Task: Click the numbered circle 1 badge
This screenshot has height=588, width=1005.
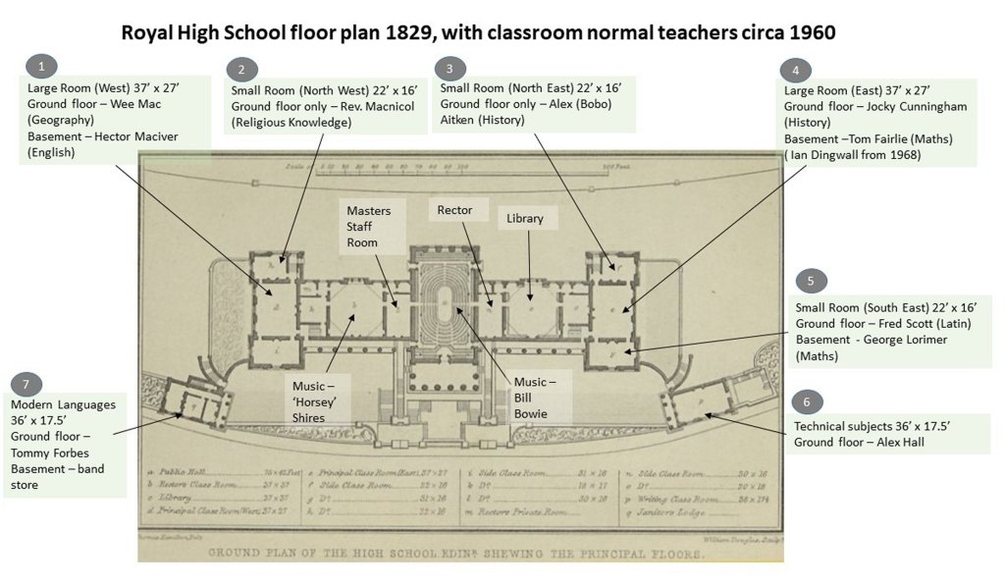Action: pos(40,66)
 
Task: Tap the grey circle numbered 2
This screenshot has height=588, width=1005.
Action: pos(241,70)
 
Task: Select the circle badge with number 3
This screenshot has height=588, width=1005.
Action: pos(449,68)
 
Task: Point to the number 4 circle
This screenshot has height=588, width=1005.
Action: pos(795,71)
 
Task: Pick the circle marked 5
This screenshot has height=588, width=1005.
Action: pos(811,282)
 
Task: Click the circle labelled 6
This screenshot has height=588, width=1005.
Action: pos(807,402)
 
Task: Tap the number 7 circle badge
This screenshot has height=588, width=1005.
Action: pos(25,384)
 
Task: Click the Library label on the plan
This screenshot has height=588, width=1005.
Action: pos(524,218)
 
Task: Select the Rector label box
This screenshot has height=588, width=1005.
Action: pos(453,210)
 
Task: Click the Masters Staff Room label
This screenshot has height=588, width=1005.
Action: pos(368,227)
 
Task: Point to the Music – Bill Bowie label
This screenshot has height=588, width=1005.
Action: pos(537,396)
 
